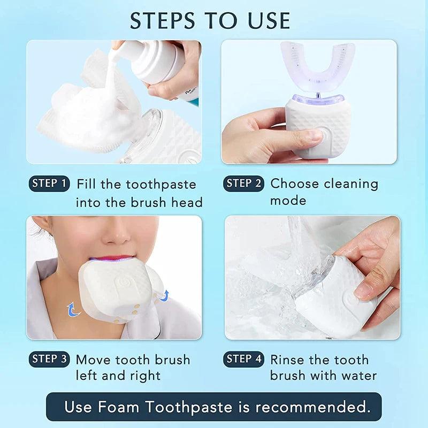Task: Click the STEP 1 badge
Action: pyautogui.click(x=49, y=184)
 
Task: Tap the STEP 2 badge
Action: pyautogui.click(x=243, y=184)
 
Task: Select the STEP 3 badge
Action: pyautogui.click(x=49, y=359)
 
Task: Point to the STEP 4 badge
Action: pyautogui.click(x=243, y=359)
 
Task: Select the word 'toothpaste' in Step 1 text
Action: pyautogui.click(x=161, y=185)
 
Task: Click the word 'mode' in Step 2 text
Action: pyautogui.click(x=288, y=201)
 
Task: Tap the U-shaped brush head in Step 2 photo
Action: pyautogui.click(x=317, y=67)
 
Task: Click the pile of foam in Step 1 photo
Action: pyautogui.click(x=86, y=115)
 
